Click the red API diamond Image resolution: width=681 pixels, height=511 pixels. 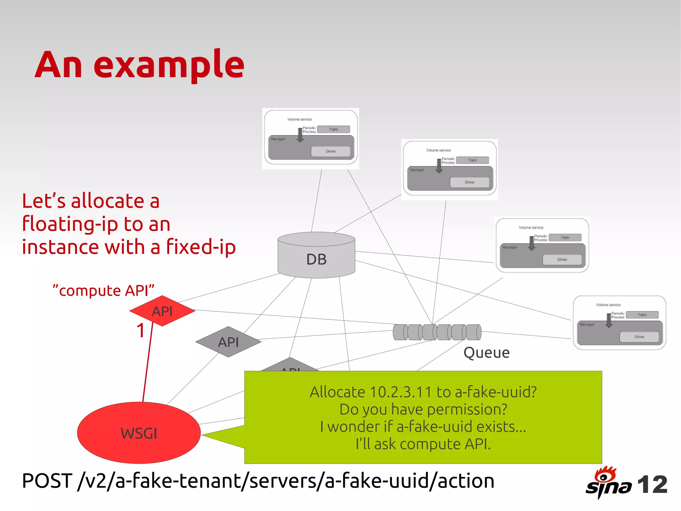(x=162, y=311)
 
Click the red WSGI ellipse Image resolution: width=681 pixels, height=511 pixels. (x=139, y=433)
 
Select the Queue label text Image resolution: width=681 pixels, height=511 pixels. (x=486, y=353)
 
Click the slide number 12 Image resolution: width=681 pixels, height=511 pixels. (x=652, y=484)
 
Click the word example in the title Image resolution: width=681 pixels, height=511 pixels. (x=169, y=65)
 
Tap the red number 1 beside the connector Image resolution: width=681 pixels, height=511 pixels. (x=141, y=331)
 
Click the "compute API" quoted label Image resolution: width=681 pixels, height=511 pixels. (x=103, y=291)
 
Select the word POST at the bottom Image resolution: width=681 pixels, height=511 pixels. (x=47, y=481)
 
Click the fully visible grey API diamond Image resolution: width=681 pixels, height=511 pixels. (x=228, y=342)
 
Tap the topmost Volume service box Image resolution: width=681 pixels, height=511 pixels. (x=311, y=138)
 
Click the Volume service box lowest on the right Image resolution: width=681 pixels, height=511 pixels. (x=619, y=323)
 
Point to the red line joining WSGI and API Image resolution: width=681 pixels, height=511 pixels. (x=148, y=363)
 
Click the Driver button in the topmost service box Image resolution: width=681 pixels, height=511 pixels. (x=331, y=151)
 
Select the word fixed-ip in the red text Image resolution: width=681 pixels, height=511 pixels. (x=201, y=247)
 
